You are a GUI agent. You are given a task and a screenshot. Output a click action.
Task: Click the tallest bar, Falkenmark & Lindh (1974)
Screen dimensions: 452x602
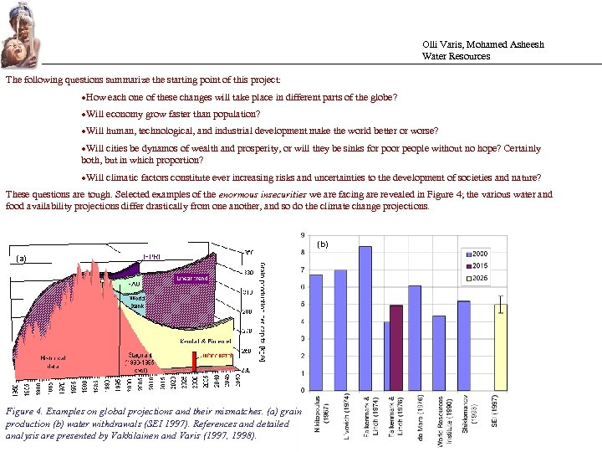[x=365, y=318]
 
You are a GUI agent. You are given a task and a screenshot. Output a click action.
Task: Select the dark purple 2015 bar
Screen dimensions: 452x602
[x=396, y=347]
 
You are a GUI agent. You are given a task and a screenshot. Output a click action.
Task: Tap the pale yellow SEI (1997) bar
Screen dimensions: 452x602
[x=499, y=347]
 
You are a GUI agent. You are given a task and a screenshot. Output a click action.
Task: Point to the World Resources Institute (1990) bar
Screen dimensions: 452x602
[x=439, y=352]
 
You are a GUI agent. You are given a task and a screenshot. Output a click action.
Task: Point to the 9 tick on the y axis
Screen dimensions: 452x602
[x=302, y=234]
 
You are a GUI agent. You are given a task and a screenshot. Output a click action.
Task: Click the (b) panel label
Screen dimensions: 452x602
[x=324, y=244]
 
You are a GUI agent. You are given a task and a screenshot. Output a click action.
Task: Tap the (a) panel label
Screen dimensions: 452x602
[x=23, y=259]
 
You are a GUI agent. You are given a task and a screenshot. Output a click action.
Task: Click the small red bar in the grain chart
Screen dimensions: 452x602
[x=194, y=361]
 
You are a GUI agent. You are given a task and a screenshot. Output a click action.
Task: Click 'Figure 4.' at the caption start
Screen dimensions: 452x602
[x=25, y=411]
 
